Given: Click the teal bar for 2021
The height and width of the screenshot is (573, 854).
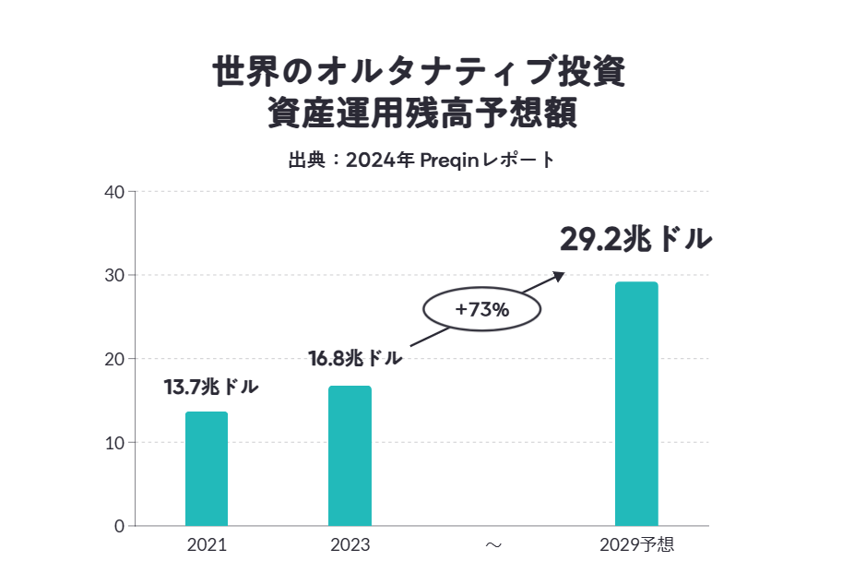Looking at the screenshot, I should pos(207,469).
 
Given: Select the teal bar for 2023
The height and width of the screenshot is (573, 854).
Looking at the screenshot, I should pos(350,456).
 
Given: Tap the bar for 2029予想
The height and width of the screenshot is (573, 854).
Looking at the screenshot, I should pos(636,404).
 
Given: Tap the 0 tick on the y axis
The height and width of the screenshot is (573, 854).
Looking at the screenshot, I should pos(119,526).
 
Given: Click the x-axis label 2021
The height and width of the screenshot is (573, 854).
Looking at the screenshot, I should pos(207,545).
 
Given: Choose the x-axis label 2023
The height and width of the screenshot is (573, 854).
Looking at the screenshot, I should pos(350,545).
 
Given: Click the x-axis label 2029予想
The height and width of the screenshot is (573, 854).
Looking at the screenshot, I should pos(636,545).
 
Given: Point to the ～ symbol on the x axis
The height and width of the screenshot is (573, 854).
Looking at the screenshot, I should pos(493,545).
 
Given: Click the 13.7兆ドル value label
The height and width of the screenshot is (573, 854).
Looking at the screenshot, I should pos(211,388).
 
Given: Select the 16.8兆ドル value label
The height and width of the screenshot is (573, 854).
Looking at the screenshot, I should pos(355,357).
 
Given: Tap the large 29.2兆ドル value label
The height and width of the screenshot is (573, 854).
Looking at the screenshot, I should pos(635,238).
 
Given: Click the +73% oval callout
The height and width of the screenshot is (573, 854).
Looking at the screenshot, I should pos(481,310).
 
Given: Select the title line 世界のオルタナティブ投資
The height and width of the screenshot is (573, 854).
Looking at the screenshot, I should pos(420,72).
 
